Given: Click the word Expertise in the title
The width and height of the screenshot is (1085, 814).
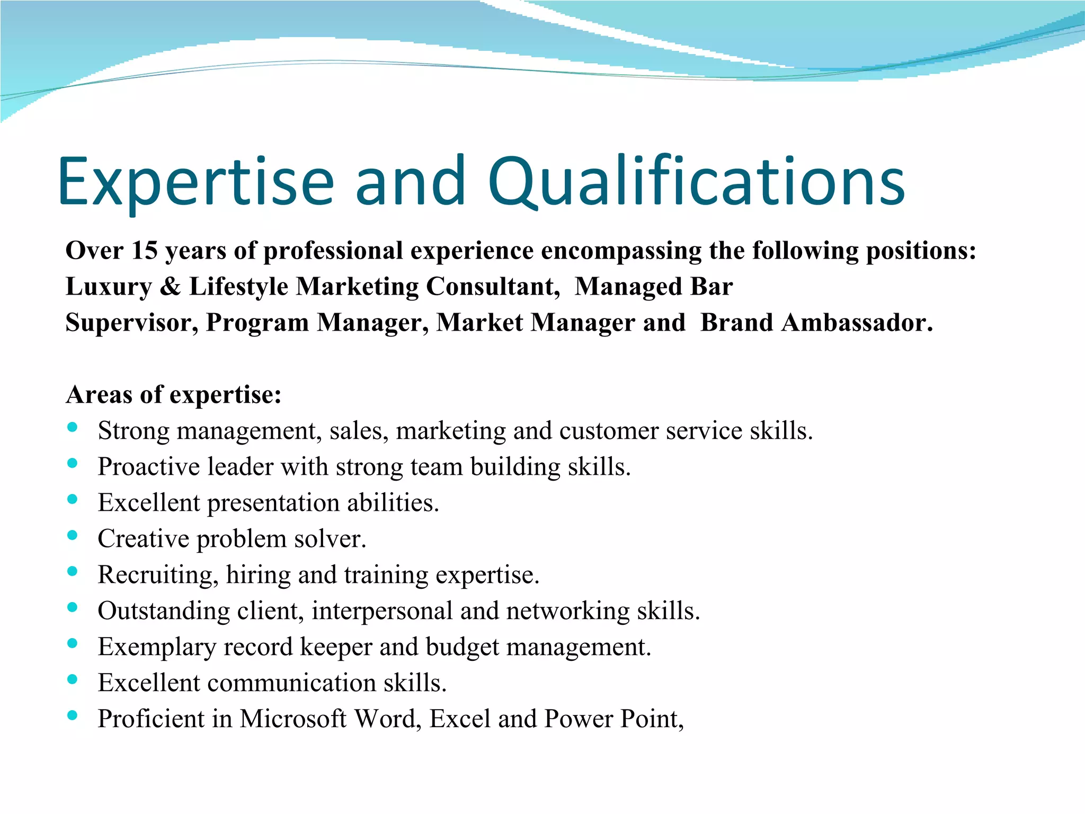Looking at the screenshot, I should coord(196,182).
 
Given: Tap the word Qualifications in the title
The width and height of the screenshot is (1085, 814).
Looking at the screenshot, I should coord(696,182).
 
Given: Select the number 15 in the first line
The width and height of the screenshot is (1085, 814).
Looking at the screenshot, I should coord(145,250).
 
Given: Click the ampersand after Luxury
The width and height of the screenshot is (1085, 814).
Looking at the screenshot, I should coord(170,287).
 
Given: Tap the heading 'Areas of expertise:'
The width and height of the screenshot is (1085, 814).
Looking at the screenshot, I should coord(173,395).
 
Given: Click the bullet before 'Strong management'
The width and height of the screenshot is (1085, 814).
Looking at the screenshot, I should coord(73,427).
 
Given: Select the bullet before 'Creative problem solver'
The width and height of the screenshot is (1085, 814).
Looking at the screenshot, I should coord(73,535).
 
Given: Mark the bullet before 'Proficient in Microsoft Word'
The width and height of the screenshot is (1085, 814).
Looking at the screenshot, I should coord(73,715).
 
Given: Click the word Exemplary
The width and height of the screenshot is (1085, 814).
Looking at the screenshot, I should coord(157,647).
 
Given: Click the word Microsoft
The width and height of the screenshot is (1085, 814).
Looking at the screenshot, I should coord(293,719).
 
